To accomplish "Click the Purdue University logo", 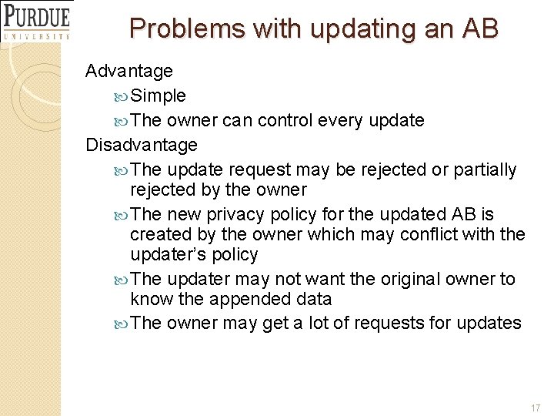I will tap(36, 21).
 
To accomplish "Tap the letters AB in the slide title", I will tap(480, 29).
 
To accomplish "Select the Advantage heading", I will tap(129, 71).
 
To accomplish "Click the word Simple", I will tap(159, 96).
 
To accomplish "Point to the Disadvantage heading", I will tap(142, 145).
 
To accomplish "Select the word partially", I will tap(486, 169).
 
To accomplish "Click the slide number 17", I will tap(536, 406).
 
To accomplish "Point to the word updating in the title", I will tap(357, 29).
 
